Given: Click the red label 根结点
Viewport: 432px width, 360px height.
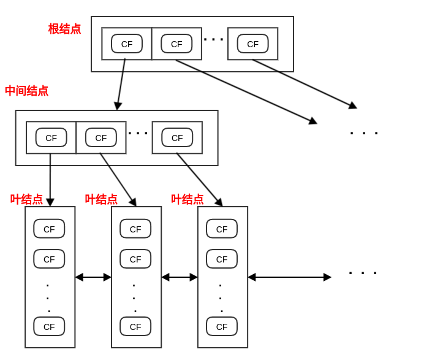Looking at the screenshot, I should [x=64, y=29].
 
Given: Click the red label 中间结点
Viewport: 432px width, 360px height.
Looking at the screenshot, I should [x=26, y=91].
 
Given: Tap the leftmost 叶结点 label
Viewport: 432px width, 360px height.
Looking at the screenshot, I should [x=26, y=199].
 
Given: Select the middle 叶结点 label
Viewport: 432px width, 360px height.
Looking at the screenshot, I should [x=101, y=199].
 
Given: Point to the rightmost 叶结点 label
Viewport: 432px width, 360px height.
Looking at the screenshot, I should [x=187, y=199].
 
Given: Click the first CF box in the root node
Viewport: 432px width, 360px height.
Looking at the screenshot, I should [x=127, y=44].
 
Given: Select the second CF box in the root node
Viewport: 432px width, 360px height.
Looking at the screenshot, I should [x=176, y=44].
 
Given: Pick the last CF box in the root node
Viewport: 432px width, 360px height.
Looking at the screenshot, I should [x=252, y=44].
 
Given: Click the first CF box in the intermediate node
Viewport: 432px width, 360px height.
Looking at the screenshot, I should [x=51, y=137].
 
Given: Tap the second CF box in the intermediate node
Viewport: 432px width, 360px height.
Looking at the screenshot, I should [x=101, y=137].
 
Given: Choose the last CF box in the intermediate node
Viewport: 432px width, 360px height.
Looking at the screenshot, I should [x=177, y=137].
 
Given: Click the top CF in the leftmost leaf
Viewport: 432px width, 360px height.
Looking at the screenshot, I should [x=49, y=229].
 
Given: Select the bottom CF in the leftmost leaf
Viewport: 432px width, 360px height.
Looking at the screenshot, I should [x=49, y=326].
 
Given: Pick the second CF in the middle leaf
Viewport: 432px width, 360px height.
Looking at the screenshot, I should [x=135, y=259].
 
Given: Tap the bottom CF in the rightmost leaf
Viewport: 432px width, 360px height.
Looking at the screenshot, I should [x=222, y=326].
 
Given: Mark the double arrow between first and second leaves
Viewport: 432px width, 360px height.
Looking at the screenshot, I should [x=93, y=277].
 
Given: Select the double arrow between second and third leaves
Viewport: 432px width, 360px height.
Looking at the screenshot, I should [x=180, y=277].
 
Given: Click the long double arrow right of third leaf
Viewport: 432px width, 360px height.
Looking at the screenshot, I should [x=289, y=277].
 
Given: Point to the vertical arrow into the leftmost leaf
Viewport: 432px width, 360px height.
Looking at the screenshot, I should [x=50, y=179].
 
